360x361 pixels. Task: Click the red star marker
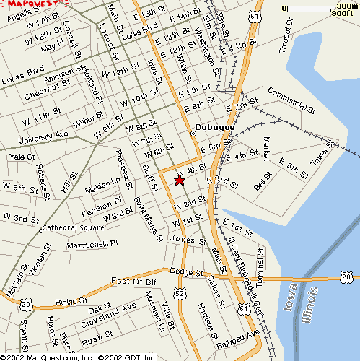180,180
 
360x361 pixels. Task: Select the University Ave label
43,136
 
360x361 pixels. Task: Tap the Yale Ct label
22,156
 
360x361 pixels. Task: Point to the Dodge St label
183,272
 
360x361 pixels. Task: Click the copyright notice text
79,356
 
